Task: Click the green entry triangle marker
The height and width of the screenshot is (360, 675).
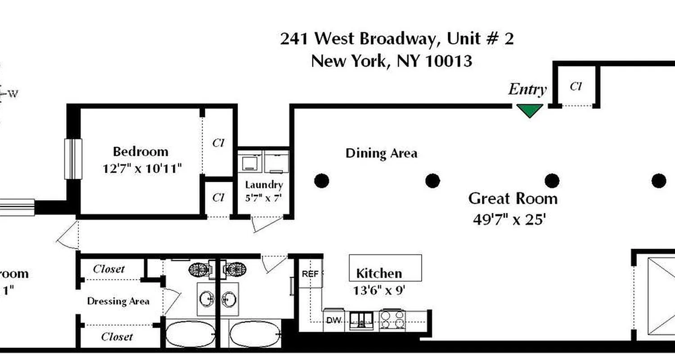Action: (529, 110)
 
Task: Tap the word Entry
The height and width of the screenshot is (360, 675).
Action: (527, 90)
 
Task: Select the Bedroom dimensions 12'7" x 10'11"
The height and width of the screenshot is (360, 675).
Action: (142, 169)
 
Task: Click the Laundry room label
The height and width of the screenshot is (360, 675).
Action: (264, 185)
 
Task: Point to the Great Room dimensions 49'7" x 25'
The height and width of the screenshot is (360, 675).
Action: (509, 220)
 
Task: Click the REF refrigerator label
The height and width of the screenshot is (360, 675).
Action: (310, 274)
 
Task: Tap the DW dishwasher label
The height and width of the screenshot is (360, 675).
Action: (333, 320)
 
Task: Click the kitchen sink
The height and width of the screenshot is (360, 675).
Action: (362, 320)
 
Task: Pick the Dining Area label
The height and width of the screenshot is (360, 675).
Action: (381, 153)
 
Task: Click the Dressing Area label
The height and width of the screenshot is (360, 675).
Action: (118, 301)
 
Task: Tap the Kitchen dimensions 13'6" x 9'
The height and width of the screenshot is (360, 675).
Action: (380, 290)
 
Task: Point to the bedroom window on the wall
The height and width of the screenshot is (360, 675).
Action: (73, 159)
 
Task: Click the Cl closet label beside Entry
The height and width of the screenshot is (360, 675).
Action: (576, 86)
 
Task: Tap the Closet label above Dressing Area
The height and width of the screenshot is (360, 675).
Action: (108, 269)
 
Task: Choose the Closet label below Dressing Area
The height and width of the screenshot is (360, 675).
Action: (117, 337)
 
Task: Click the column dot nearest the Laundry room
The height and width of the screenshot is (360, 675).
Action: (321, 181)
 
